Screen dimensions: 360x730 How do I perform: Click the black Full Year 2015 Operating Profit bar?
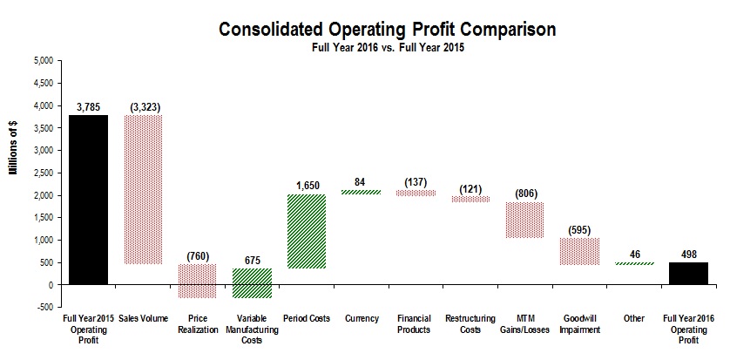click(88, 200)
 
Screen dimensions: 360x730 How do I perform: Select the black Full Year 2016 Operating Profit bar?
click(688, 273)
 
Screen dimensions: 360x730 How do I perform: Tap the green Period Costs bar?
click(306, 231)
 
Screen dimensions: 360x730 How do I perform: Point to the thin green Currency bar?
click(361, 192)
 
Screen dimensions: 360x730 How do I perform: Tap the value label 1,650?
click(306, 185)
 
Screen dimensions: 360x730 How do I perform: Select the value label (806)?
click(525, 193)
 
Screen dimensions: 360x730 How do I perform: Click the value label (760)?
click(197, 255)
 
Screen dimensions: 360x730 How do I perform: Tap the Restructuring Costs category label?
click(470, 324)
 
